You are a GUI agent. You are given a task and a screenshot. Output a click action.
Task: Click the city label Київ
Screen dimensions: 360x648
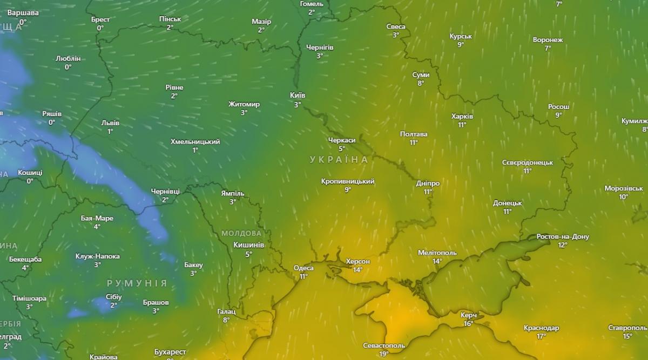point(298,96)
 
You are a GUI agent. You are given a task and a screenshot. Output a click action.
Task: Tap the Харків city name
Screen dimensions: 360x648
point(462,116)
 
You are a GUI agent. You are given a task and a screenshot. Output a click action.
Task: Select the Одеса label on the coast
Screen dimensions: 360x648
point(303,268)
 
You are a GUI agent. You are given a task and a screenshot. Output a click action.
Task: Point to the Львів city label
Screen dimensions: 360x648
point(110,123)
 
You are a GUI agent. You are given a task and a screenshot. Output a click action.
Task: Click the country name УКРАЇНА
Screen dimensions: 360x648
point(339,160)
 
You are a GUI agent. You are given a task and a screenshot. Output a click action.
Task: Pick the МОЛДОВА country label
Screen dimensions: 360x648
point(241,233)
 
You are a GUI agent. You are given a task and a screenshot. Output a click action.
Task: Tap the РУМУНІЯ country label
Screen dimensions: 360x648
point(137,283)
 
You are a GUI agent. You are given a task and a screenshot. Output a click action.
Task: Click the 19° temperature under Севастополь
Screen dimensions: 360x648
point(383,354)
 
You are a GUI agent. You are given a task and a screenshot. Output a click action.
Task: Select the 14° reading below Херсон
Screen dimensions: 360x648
point(357,270)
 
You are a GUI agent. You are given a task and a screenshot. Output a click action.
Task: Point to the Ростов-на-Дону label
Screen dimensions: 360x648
point(563,236)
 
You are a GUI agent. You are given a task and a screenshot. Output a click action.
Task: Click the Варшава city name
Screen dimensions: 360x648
point(23,13)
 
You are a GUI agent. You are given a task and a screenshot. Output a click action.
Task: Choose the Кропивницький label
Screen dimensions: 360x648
point(347,181)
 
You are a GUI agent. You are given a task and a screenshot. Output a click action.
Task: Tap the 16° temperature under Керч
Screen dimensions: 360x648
point(468,323)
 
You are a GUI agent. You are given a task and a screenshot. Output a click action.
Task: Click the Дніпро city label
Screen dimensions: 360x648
point(428,184)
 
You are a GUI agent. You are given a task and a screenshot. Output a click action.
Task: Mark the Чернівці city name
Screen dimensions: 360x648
point(165,191)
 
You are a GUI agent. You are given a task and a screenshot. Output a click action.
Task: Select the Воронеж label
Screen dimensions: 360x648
point(548,40)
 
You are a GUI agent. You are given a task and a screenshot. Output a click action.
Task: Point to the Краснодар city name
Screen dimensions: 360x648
point(541,328)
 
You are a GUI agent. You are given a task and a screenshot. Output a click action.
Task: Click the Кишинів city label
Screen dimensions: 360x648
point(248,245)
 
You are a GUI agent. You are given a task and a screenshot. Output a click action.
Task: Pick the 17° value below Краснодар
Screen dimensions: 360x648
point(541,336)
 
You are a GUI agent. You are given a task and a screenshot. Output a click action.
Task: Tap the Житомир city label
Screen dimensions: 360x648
point(244,104)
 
